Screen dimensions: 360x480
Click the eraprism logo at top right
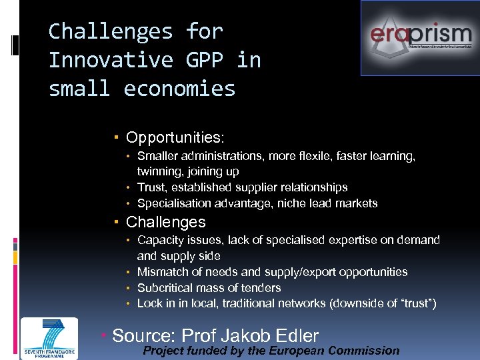[420, 37]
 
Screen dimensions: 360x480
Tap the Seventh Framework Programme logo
[49, 339]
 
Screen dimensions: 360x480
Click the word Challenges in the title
[111, 31]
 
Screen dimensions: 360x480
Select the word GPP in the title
[199, 60]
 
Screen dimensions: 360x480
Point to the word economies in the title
[180, 89]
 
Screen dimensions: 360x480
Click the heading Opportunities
[175, 138]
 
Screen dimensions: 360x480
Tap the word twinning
[159, 171]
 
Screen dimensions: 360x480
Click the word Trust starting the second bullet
[151, 187]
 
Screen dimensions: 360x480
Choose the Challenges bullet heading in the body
[165, 222]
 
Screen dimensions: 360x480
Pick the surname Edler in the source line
[293, 336]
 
